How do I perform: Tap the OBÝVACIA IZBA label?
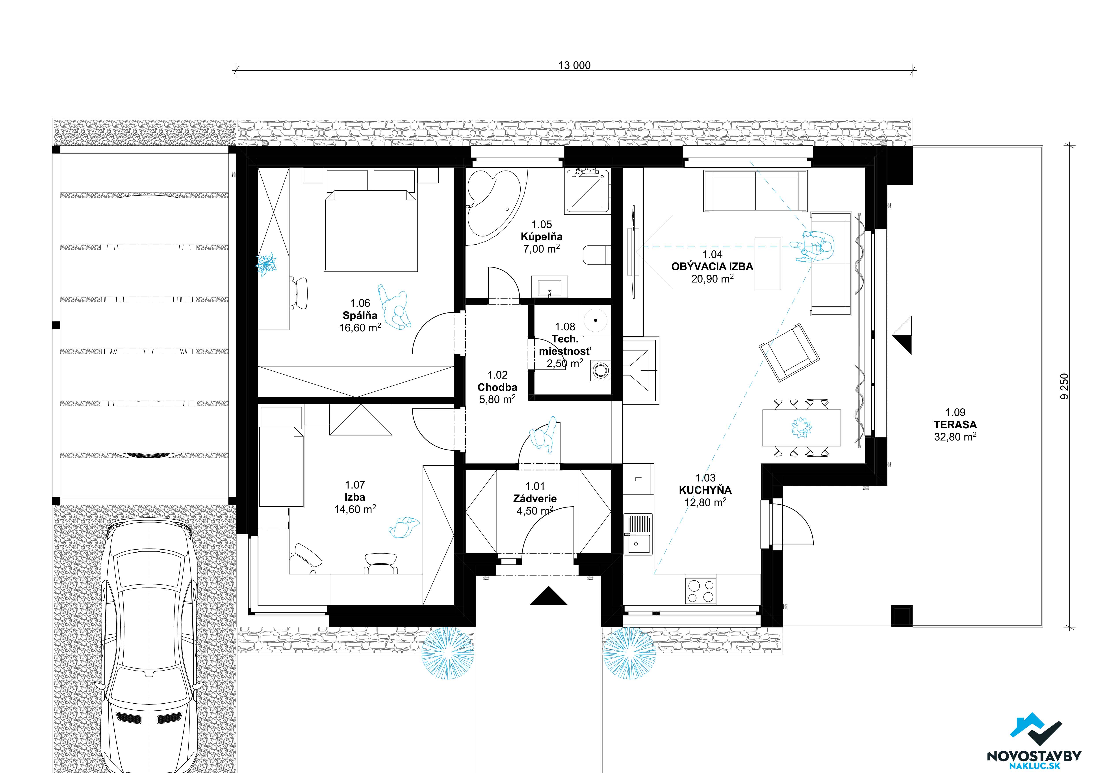(x=712, y=267)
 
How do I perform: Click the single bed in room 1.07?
(x=281, y=466)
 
